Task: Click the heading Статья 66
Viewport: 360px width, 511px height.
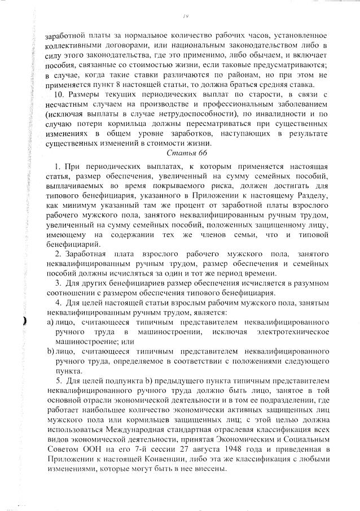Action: [183, 153]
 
